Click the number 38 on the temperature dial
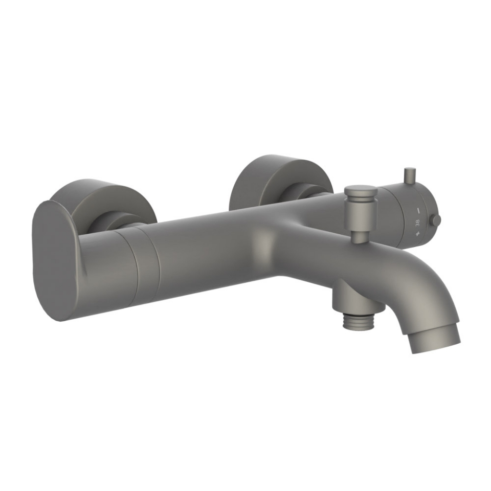(x=418, y=223)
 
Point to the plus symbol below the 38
(x=418, y=235)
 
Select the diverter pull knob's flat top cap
(x=361, y=190)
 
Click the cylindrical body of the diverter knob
(x=360, y=212)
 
